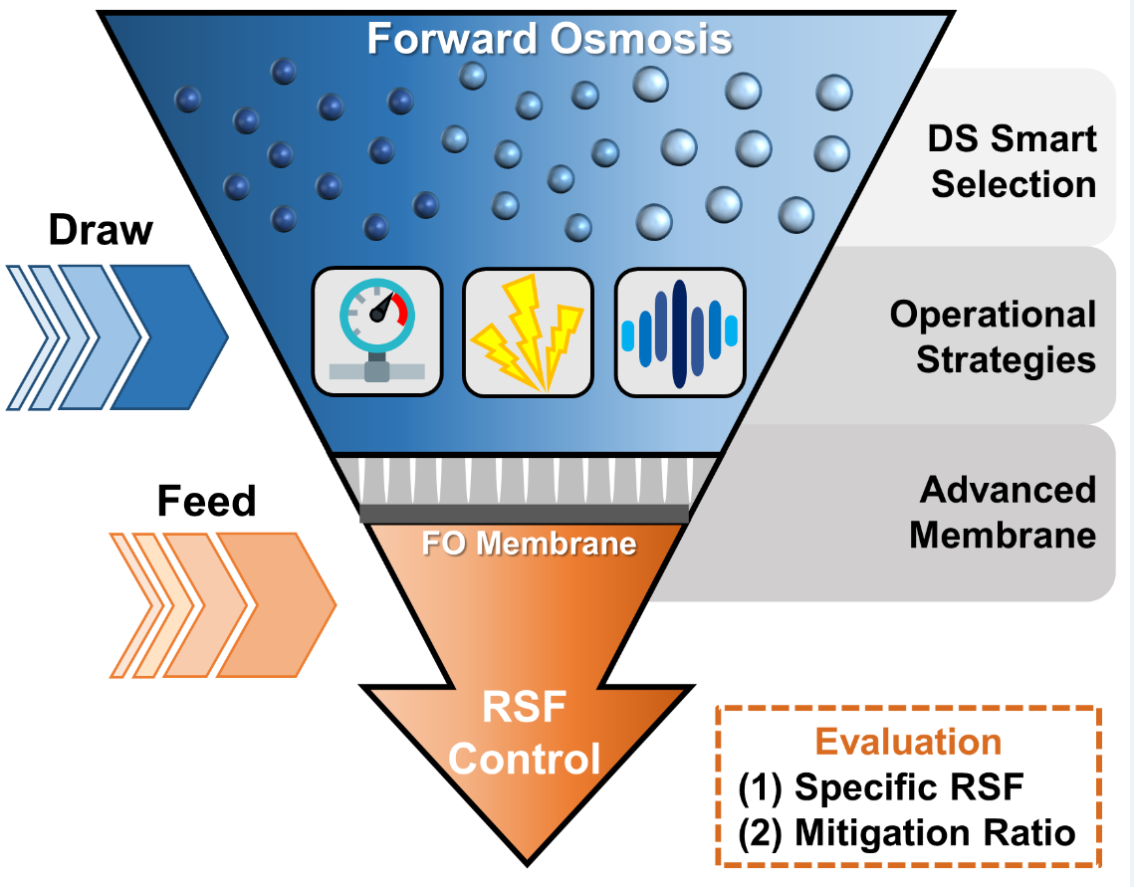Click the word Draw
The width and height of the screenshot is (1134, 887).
pyautogui.click(x=102, y=230)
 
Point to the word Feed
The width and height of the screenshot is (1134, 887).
pyautogui.click(x=206, y=501)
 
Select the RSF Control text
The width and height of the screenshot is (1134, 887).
pyautogui.click(x=524, y=735)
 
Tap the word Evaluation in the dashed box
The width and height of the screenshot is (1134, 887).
pyautogui.click(x=908, y=743)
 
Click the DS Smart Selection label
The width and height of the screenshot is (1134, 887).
pyautogui.click(x=1013, y=161)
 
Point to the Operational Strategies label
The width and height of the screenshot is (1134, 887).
pyautogui.click(x=993, y=336)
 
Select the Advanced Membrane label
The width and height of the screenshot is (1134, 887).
pyautogui.click(x=1003, y=512)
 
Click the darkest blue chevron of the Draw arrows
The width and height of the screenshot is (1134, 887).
pyautogui.click(x=169, y=336)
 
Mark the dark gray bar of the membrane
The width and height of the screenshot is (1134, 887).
pyautogui.click(x=524, y=513)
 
